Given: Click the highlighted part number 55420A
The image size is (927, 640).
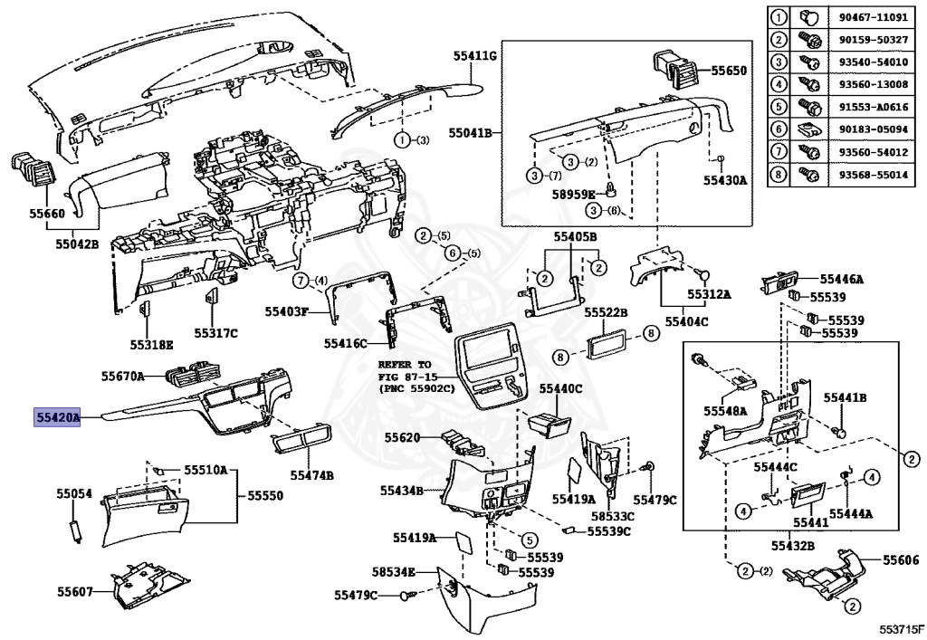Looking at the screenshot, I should click(x=58, y=417).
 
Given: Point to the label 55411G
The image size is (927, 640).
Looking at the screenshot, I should click(x=476, y=56).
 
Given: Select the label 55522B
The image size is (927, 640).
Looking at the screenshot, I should click(x=606, y=311).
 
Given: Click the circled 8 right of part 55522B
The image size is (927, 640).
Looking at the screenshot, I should click(x=650, y=334).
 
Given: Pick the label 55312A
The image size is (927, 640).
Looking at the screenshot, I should click(x=708, y=295).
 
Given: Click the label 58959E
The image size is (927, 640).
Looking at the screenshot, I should click(x=573, y=194).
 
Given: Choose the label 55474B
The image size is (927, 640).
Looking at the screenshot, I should click(x=311, y=474).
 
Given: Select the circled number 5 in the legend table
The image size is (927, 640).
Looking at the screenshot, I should click(x=779, y=107).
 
